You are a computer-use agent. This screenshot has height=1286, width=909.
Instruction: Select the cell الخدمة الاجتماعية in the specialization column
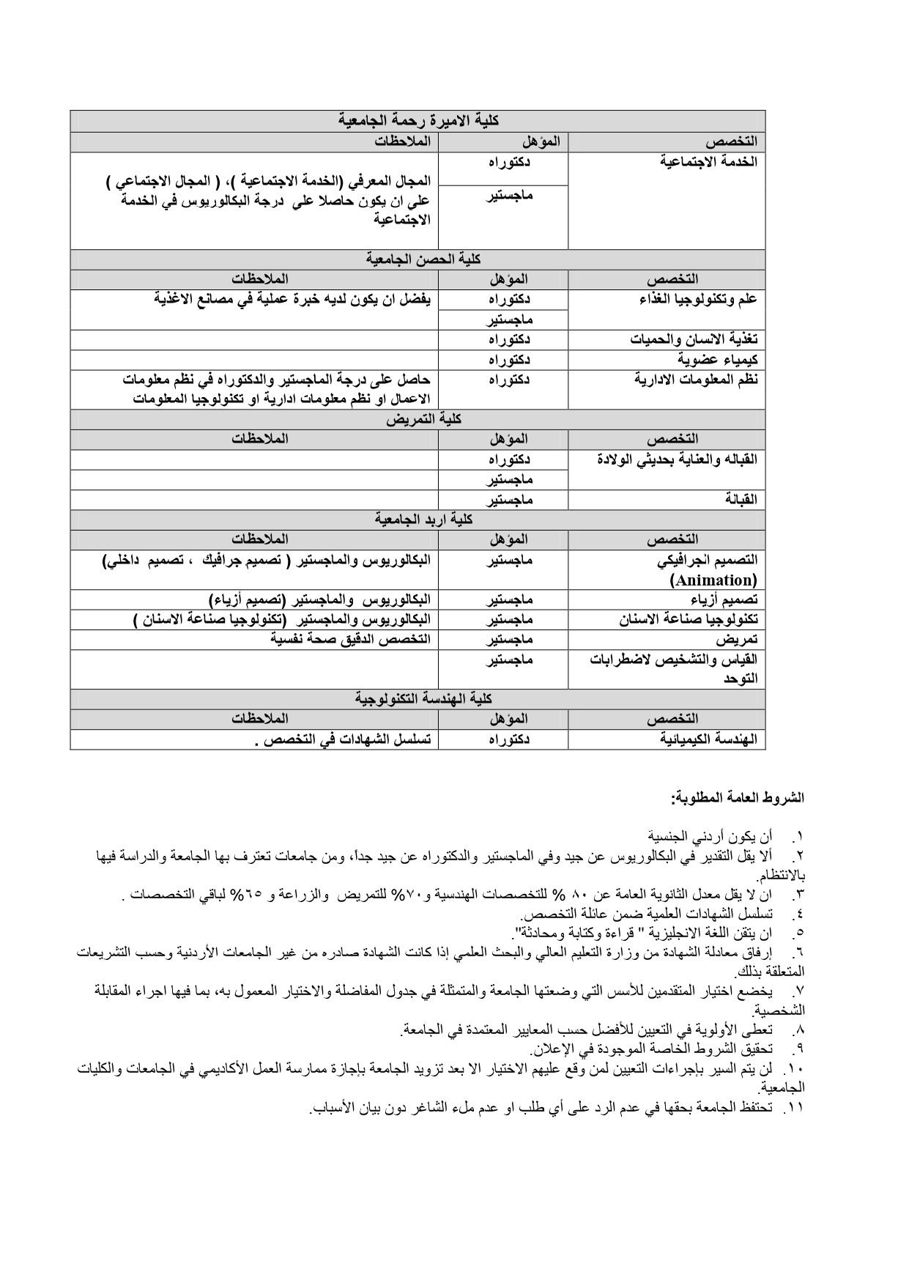point(709,161)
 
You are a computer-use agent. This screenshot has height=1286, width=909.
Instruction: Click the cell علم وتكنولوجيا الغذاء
point(695,299)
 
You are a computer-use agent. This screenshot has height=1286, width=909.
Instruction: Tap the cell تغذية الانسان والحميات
point(694,340)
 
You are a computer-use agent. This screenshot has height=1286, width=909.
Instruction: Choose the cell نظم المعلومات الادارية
point(695,380)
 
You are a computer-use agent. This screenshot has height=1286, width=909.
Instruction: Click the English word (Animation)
point(713,580)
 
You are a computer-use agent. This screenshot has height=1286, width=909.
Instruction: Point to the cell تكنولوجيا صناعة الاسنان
point(689,619)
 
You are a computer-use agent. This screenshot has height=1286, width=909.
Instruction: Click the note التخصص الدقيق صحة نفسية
point(350,639)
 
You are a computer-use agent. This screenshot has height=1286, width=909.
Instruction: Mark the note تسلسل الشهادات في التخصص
point(342,739)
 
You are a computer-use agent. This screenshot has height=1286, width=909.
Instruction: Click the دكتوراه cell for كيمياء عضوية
point(510,360)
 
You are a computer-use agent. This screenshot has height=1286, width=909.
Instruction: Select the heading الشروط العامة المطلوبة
point(738,796)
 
